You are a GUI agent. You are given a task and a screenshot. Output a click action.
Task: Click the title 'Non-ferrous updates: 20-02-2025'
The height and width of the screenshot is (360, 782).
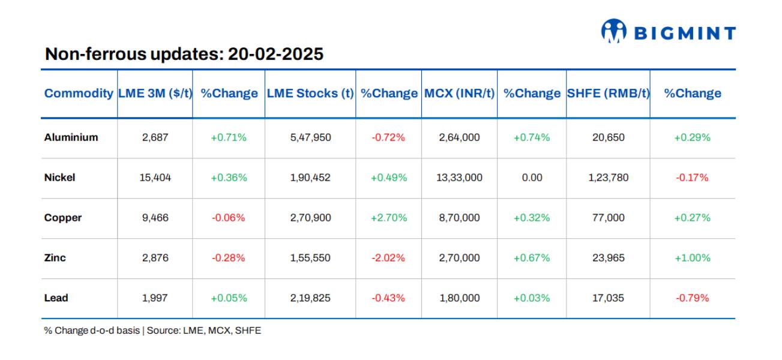[x=184, y=54]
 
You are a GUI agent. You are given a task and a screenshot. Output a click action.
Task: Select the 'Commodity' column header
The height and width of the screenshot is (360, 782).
[x=79, y=93]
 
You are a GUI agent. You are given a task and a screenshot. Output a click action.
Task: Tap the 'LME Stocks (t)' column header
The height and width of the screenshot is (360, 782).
[x=310, y=93]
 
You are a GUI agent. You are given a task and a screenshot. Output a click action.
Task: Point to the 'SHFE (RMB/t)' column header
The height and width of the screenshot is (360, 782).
[x=608, y=93]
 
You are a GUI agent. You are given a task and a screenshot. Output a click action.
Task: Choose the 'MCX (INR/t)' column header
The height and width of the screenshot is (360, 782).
[x=460, y=93]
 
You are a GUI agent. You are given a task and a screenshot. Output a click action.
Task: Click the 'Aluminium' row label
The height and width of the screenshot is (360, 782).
[x=71, y=137]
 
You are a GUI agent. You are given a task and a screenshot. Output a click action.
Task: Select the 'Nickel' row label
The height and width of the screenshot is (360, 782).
[x=59, y=178]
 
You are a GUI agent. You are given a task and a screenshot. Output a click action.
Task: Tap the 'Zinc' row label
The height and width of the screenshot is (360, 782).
[x=55, y=258]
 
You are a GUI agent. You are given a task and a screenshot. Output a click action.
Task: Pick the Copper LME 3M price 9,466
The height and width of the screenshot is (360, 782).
[x=155, y=218]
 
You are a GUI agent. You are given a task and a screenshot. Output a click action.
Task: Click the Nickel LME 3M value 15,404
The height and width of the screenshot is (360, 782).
[x=155, y=178]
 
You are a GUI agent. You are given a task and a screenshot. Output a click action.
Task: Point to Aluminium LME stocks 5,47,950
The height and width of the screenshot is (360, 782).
[x=310, y=137]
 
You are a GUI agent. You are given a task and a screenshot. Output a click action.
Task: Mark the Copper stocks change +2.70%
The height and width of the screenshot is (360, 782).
[x=388, y=218]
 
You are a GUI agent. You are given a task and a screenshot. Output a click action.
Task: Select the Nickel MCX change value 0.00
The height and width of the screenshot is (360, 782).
[x=532, y=178]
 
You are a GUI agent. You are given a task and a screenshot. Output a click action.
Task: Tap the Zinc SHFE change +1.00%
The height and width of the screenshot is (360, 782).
[x=692, y=258]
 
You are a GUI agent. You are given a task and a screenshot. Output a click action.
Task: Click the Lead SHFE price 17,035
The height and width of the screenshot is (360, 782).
[x=608, y=298]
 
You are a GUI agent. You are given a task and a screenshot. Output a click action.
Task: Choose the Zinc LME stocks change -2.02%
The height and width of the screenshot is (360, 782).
[x=388, y=258]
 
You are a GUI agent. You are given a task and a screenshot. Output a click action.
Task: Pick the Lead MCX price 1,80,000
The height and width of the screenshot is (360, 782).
[x=460, y=298]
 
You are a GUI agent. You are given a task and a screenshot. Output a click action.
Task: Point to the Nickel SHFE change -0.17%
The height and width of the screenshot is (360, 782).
[x=692, y=178]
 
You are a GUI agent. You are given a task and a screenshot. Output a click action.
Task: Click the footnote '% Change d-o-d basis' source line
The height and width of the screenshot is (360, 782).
[x=152, y=331]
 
